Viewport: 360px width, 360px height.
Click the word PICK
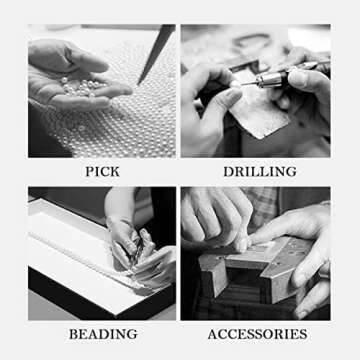point(102,172)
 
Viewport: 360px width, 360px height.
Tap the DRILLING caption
point(260,172)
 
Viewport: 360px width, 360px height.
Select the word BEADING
point(103,334)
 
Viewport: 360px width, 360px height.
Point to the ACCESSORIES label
point(257,334)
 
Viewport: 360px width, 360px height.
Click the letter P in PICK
point(89,172)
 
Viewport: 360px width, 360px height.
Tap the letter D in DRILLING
point(228,172)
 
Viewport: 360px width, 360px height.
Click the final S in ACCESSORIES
point(304,334)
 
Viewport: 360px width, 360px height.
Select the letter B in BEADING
point(73,334)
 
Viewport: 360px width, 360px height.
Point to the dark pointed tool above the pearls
point(156,54)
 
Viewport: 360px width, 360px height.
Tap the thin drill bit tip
point(248,84)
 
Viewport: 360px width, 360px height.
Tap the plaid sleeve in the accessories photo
point(263,203)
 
